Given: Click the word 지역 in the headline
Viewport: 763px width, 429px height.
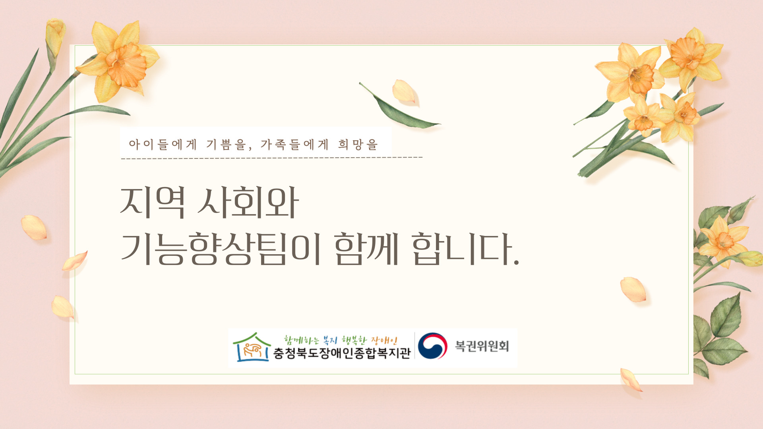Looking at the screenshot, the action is [153, 203].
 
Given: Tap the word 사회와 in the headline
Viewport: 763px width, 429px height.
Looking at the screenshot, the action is [248, 203].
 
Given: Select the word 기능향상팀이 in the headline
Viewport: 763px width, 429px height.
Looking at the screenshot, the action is [221, 249].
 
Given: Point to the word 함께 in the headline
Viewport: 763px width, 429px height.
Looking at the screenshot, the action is [366, 249].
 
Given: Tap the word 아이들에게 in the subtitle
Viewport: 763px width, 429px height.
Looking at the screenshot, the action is [163, 144].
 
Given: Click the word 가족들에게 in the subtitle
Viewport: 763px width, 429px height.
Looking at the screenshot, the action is [295, 144].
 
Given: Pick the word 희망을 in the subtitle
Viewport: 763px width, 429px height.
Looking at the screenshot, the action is [358, 144].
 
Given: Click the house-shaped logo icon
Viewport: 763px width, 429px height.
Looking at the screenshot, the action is [252, 347].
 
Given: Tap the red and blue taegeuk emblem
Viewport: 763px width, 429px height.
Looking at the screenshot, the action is [432, 346].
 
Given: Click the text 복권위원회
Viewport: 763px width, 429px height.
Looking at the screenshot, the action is [482, 346].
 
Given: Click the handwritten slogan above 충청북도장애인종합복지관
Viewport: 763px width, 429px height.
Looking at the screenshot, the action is [341, 340].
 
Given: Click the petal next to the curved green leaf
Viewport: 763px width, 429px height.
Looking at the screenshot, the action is [405, 91].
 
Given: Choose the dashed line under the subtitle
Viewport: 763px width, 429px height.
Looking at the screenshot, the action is [272, 158].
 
